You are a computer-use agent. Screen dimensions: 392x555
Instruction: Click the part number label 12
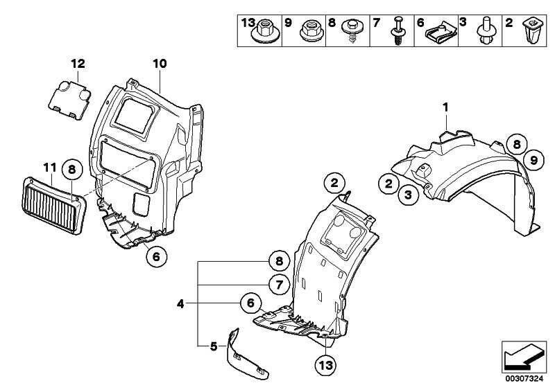click(77, 64)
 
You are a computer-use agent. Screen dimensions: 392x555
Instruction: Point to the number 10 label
click(160, 64)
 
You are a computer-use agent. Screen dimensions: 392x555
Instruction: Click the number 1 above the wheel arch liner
click(447, 107)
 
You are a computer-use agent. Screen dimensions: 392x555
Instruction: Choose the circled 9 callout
click(533, 161)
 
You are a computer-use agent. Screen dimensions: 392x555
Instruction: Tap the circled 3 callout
click(408, 196)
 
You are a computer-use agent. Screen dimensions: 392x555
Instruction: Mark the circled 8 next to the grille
click(72, 168)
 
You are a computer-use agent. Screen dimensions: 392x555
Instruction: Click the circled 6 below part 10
click(156, 256)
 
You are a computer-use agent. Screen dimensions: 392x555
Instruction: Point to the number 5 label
click(213, 344)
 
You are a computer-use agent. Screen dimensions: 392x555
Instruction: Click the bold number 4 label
click(180, 303)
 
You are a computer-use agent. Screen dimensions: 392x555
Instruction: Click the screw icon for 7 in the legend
click(400, 31)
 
